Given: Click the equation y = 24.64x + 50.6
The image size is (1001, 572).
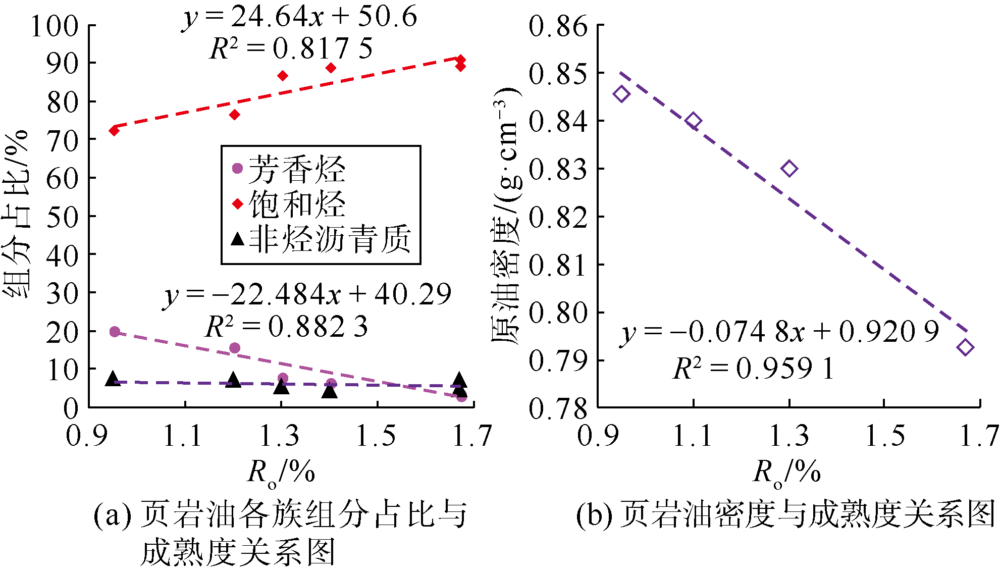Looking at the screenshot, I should click(x=299, y=17).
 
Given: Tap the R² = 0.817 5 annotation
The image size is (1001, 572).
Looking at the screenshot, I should click(x=291, y=49).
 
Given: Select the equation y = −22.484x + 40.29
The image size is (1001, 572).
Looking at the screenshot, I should click(x=307, y=295).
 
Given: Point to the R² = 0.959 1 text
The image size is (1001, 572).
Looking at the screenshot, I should click(x=753, y=368).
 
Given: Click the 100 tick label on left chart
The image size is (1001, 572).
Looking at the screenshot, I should click(x=55, y=26).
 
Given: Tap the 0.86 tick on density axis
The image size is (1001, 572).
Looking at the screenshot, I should click(x=558, y=26).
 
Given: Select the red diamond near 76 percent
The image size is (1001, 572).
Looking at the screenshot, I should click(x=234, y=115).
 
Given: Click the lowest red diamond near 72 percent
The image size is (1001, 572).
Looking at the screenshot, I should click(x=114, y=131).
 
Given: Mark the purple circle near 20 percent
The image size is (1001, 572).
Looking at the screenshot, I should click(x=115, y=332).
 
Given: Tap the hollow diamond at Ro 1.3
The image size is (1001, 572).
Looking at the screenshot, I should click(x=789, y=169).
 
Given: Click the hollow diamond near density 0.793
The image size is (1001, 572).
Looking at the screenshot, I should click(x=965, y=347).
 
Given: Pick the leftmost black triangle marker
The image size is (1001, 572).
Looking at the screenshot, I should click(x=113, y=379).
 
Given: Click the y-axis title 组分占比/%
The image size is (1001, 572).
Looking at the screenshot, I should click(x=16, y=215).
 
